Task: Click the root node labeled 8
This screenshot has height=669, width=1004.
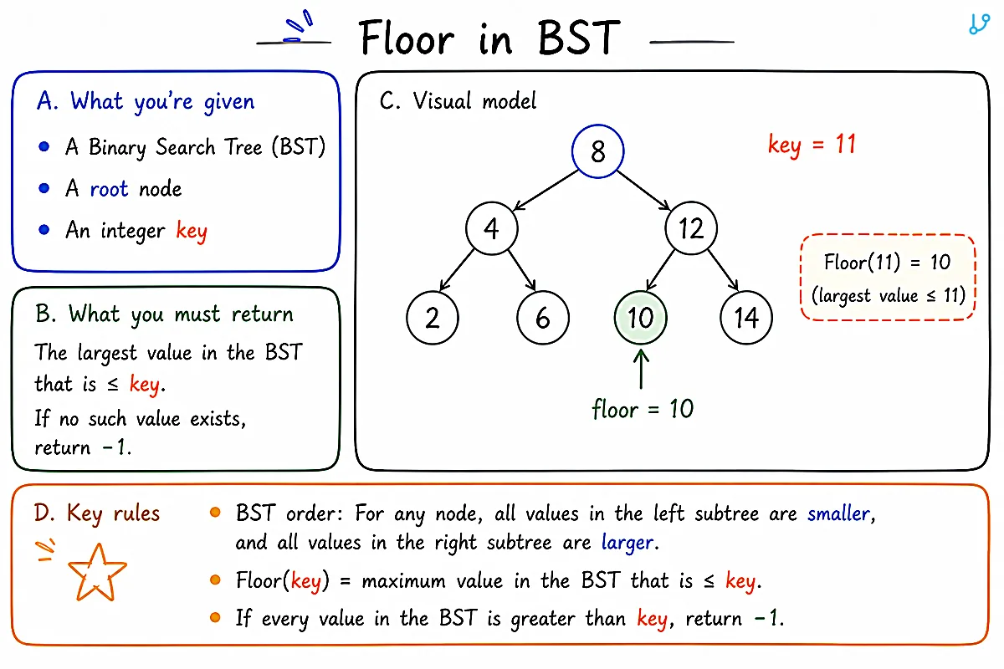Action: pyautogui.click(x=597, y=151)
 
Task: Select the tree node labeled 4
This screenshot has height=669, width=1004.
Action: pyautogui.click(x=492, y=228)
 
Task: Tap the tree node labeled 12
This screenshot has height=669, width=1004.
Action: pyautogui.click(x=691, y=228)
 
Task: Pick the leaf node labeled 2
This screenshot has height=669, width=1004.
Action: pyautogui.click(x=433, y=318)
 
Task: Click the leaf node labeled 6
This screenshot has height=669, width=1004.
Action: pyautogui.click(x=543, y=318)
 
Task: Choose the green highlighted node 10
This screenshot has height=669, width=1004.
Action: pyautogui.click(x=641, y=318)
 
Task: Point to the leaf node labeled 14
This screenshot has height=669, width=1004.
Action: pyautogui.click(x=746, y=318)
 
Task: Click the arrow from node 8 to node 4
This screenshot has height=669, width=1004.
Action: pyautogui.click(x=546, y=190)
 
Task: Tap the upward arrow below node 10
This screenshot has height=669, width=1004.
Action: pyautogui.click(x=641, y=369)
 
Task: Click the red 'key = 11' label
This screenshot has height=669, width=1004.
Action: pyautogui.click(x=812, y=146)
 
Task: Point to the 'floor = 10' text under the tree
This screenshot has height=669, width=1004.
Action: pyautogui.click(x=643, y=409)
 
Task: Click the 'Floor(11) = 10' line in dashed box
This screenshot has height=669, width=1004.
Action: pyautogui.click(x=887, y=262)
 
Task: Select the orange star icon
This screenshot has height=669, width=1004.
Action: pyautogui.click(x=97, y=572)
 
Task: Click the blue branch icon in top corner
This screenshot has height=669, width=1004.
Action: pyautogui.click(x=979, y=24)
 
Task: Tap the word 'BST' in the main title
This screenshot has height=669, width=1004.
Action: pyautogui.click(x=579, y=38)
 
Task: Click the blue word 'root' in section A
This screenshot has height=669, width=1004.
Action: pyautogui.click(x=109, y=189)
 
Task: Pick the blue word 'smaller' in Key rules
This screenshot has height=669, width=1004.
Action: pyautogui.click(x=838, y=513)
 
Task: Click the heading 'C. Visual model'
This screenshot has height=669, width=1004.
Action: pyautogui.click(x=458, y=101)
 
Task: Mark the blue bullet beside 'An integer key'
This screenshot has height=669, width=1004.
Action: pyautogui.click(x=44, y=230)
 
